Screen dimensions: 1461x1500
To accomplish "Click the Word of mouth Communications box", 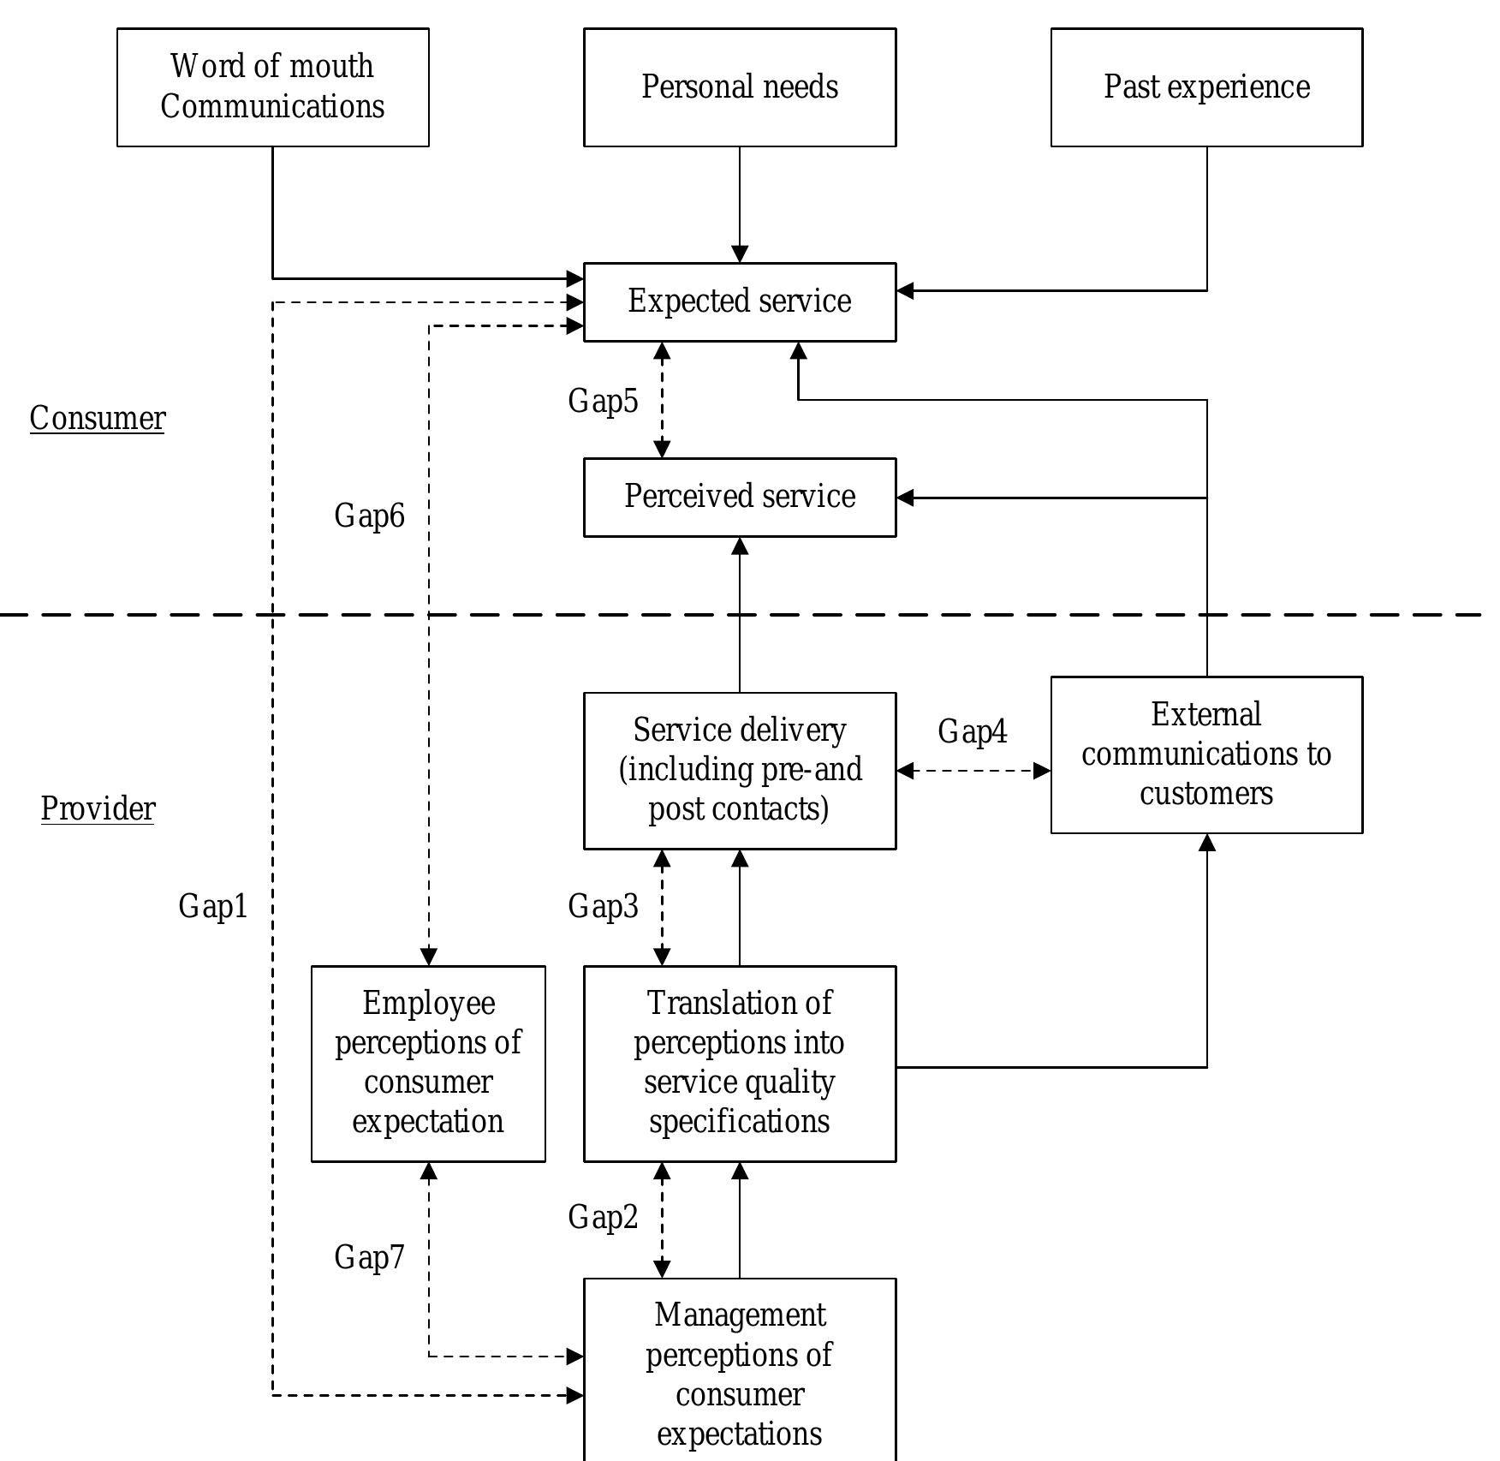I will [272, 86].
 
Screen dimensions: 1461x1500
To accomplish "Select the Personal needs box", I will [740, 86].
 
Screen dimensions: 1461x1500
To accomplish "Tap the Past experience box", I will [1206, 86].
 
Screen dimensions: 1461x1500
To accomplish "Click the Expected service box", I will [740, 301].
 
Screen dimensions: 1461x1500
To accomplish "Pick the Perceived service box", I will [740, 497].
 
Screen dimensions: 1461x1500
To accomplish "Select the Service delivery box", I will [740, 770].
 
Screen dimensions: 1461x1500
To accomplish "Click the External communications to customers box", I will [1206, 754].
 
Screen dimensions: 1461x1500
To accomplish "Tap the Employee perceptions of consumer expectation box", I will [428, 1063].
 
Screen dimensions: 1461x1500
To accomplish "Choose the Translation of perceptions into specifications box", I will [740, 1063].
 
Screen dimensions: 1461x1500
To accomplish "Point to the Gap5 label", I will [603, 401].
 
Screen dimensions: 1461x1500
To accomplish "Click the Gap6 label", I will [369, 516].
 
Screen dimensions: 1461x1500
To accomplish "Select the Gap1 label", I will [213, 906].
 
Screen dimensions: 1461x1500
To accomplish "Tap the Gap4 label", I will [973, 731].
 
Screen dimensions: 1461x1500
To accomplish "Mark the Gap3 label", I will [603, 906].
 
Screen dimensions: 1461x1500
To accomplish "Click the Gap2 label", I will [603, 1217].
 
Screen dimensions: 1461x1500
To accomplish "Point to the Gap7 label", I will [369, 1257].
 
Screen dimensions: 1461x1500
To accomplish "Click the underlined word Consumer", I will [98, 419].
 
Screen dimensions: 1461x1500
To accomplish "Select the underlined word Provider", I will [98, 808].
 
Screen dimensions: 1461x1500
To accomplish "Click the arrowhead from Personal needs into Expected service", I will [740, 254].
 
